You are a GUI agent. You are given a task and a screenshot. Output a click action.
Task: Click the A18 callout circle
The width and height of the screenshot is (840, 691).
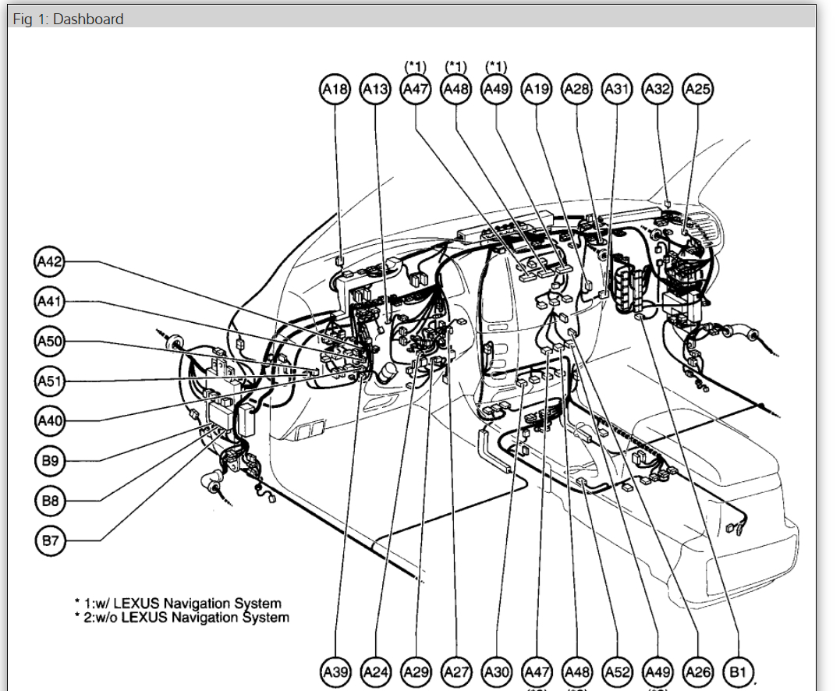pyautogui.click(x=335, y=90)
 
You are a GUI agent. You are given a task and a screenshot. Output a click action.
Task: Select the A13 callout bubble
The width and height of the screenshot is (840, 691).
pyautogui.click(x=375, y=90)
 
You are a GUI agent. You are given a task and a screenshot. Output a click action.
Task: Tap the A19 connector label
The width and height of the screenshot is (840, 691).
pyautogui.click(x=537, y=90)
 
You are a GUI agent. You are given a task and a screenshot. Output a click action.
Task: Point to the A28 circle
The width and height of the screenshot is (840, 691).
pyautogui.click(x=576, y=90)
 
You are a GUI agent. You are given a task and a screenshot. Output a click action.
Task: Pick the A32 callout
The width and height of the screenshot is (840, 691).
pyautogui.click(x=657, y=90)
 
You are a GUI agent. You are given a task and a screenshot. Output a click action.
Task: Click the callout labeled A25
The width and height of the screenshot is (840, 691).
pyautogui.click(x=697, y=90)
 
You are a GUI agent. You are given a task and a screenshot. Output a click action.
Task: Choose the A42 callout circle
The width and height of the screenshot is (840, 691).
pyautogui.click(x=50, y=262)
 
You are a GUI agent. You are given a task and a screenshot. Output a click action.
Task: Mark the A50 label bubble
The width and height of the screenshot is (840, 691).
pyautogui.click(x=50, y=342)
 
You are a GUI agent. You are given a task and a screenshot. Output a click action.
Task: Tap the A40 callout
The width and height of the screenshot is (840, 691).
pyautogui.click(x=50, y=421)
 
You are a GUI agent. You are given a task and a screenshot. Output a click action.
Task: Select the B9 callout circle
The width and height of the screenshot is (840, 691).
pyautogui.click(x=50, y=461)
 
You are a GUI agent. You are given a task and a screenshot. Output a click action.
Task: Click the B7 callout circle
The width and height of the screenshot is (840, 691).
pyautogui.click(x=50, y=540)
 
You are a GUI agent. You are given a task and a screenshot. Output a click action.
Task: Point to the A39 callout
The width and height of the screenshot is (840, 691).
pyautogui.click(x=335, y=672)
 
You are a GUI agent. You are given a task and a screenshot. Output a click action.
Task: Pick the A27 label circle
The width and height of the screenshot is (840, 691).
pyautogui.click(x=456, y=672)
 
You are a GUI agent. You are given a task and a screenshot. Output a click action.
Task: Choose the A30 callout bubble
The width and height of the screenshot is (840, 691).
pyautogui.click(x=496, y=672)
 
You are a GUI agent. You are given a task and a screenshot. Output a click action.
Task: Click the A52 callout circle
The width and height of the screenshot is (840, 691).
pyautogui.click(x=617, y=672)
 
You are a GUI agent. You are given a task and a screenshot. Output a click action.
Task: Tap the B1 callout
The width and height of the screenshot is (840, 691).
pyautogui.click(x=738, y=672)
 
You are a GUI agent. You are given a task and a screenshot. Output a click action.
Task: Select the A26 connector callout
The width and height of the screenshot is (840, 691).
pyautogui.click(x=697, y=672)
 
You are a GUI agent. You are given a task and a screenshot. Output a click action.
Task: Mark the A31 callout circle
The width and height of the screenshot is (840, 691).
pyautogui.click(x=617, y=90)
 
